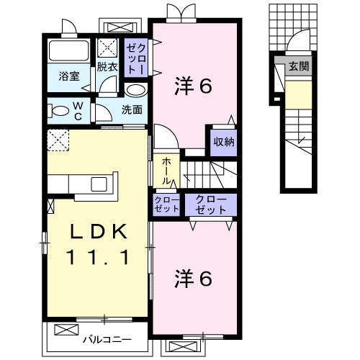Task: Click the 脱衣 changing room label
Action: pos(107,67)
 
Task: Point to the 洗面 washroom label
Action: pos(131,110)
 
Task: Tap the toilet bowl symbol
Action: pos(55,112)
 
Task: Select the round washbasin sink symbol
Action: pos(135,90)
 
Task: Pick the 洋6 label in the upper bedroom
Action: pos(193,87)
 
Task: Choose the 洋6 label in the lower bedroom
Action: pos(193,279)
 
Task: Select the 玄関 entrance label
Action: pos(297,67)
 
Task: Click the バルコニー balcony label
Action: pos(106,338)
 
